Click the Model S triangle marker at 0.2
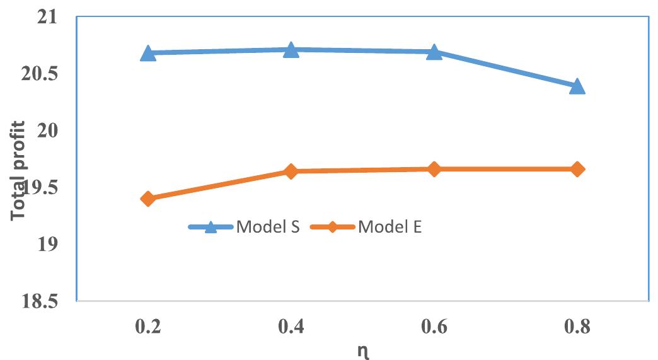pyautogui.click(x=148, y=53)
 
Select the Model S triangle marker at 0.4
pyautogui.click(x=291, y=50)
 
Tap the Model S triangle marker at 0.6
pyautogui.click(x=434, y=52)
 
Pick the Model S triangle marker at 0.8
pyautogui.click(x=577, y=86)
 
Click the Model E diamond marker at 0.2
pyautogui.click(x=148, y=199)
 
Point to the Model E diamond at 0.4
pyautogui.click(x=291, y=171)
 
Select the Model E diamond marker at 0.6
pyautogui.click(x=434, y=169)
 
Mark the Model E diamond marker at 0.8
pyautogui.click(x=577, y=169)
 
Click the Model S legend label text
pyautogui.click(x=267, y=227)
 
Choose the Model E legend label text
pyautogui.click(x=390, y=227)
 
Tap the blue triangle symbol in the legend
pyautogui.click(x=212, y=227)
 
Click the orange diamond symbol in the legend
pyautogui.click(x=333, y=227)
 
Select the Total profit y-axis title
pyautogui.click(x=20, y=170)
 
